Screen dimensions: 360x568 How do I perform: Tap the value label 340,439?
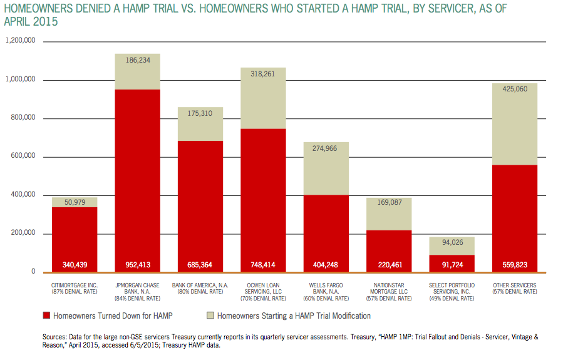pyautogui.click(x=74, y=265)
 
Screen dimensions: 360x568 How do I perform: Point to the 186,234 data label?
pyautogui.click(x=137, y=61)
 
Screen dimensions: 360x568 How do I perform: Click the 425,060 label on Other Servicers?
pyautogui.click(x=515, y=89)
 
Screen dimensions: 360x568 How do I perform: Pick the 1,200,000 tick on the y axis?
pyautogui.click(x=20, y=41)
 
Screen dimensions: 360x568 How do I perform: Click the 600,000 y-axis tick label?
pyautogui.click(x=23, y=157)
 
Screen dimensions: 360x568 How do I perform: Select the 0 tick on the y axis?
pyautogui.click(x=33, y=272)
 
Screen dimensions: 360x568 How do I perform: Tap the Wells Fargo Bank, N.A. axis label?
pyautogui.click(x=326, y=288)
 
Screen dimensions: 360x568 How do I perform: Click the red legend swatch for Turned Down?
pyautogui.click(x=46, y=316)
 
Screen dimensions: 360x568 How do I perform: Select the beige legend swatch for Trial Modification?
pyautogui.click(x=210, y=316)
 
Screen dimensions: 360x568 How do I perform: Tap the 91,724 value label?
pyautogui.click(x=452, y=265)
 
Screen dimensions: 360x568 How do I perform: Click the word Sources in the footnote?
pyautogui.click(x=54, y=337)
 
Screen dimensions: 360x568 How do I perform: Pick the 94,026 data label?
pyautogui.click(x=452, y=243)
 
